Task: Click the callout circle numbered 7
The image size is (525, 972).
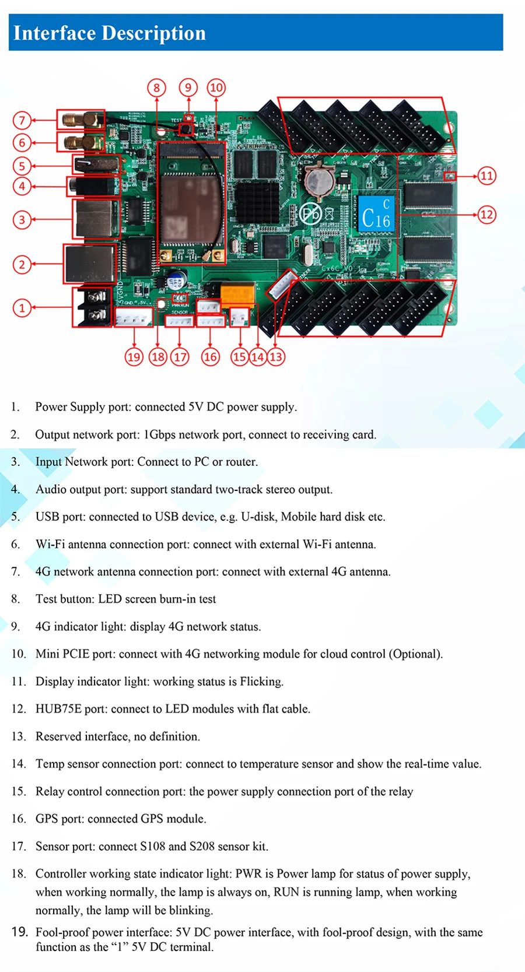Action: (22, 121)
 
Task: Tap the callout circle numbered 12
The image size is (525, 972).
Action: (487, 215)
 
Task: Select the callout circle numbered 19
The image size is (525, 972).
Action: (134, 357)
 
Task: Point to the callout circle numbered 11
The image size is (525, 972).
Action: (487, 176)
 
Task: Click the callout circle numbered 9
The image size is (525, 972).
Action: (188, 88)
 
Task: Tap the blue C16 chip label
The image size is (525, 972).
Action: (376, 214)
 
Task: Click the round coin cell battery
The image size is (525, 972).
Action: (320, 179)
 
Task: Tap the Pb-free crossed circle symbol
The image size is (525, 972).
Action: (310, 214)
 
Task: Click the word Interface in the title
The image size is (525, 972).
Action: (54, 33)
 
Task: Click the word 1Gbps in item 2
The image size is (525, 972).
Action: (159, 434)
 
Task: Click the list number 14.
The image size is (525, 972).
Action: (19, 764)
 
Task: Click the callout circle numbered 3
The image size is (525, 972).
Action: (22, 220)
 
